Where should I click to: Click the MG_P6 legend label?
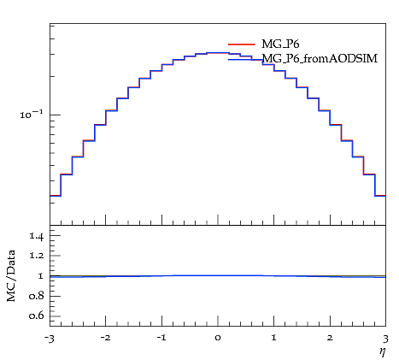[280, 44]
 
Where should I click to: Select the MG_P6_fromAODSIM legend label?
[320, 59]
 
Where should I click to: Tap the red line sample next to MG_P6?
[242, 44]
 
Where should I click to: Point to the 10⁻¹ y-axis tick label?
[32, 115]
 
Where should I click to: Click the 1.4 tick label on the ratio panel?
[36, 236]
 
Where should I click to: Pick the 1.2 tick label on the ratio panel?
[36, 256]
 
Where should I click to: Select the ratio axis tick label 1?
[40, 276]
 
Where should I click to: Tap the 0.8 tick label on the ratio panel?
[36, 296]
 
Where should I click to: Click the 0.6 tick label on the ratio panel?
[36, 316]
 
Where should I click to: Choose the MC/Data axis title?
[11, 275]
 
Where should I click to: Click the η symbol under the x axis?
[382, 351]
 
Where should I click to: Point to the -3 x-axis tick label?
[49, 339]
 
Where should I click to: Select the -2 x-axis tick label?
[105, 338]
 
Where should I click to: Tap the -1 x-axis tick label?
[161, 338]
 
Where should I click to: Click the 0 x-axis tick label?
[218, 338]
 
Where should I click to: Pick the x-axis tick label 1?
[274, 338]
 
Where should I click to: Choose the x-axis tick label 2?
[330, 338]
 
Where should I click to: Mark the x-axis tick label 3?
[385, 339]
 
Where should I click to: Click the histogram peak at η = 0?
[218, 53]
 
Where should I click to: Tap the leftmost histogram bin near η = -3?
[56, 196]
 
